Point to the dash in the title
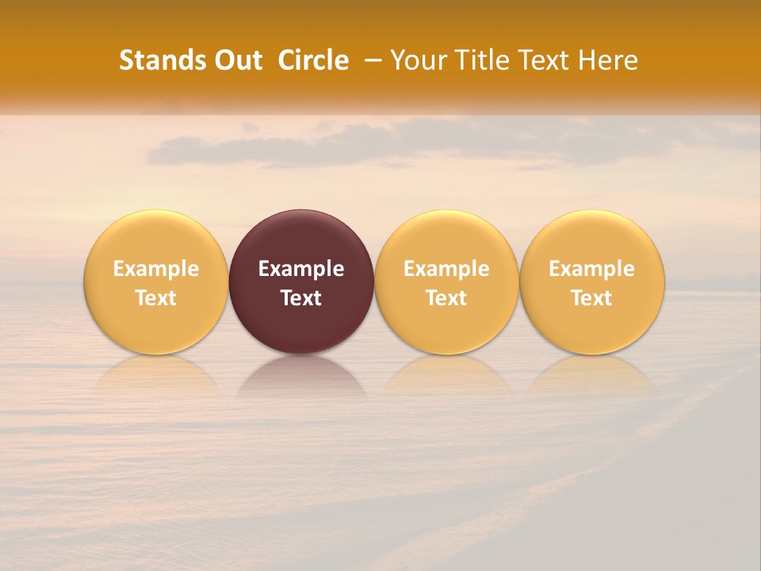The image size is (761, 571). pos(370,61)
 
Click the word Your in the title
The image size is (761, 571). pos(417,60)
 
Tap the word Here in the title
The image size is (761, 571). pos(608,60)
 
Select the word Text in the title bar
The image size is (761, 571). pos(543,60)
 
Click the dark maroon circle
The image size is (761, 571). pos(301,238)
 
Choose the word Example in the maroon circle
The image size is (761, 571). pos(301,269)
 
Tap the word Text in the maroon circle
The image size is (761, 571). pos(301,298)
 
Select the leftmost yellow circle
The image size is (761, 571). pos(155,238)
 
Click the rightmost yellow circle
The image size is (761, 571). pos(591,238)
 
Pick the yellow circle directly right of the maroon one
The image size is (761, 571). pos(446,238)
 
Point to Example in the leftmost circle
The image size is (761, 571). pos(155,269)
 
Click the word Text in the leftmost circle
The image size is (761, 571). pos(155,298)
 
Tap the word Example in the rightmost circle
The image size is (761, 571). pos(591,269)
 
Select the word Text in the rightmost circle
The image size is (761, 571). pos(591,298)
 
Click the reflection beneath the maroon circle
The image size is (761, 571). pos(301,377)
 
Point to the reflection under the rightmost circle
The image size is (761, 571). pos(591,377)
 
